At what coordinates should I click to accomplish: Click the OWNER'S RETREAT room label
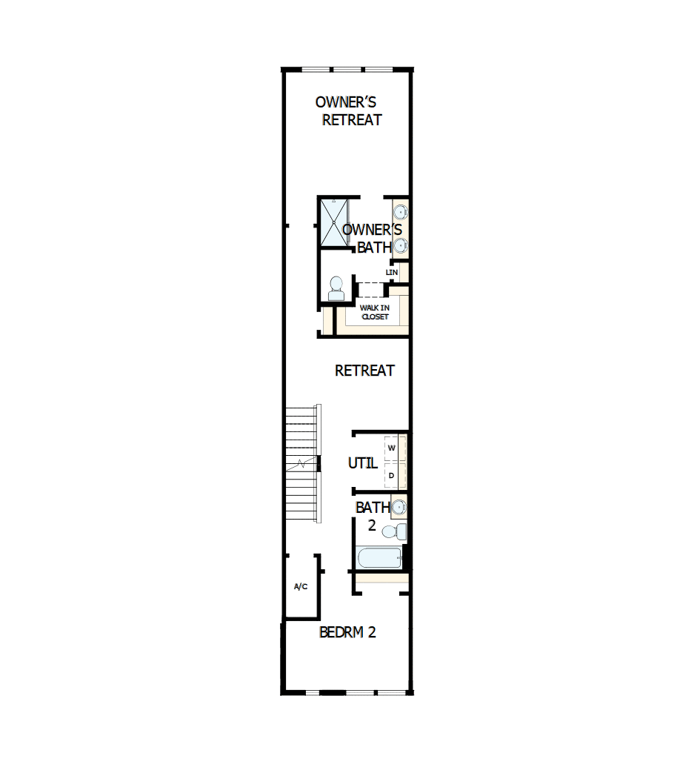[349, 110]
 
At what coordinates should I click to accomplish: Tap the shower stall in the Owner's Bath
[333, 222]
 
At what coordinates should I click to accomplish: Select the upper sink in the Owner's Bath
[400, 212]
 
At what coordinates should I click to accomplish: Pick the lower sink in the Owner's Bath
[400, 245]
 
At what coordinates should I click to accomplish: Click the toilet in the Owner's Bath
[336, 288]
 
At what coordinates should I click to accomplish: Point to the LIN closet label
[392, 273]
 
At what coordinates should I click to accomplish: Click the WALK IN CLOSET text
[374, 312]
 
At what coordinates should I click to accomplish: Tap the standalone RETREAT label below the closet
[364, 371]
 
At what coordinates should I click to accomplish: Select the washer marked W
[392, 448]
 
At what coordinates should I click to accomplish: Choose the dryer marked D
[392, 475]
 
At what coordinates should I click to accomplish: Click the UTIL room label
[363, 463]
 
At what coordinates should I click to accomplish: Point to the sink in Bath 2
[399, 508]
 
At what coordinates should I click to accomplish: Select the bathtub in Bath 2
[379, 558]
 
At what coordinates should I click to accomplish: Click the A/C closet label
[301, 587]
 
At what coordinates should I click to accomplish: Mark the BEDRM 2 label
[347, 632]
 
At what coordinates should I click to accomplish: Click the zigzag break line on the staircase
[302, 464]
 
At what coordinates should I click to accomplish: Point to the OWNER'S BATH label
[373, 239]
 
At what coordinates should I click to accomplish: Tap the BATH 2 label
[372, 517]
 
